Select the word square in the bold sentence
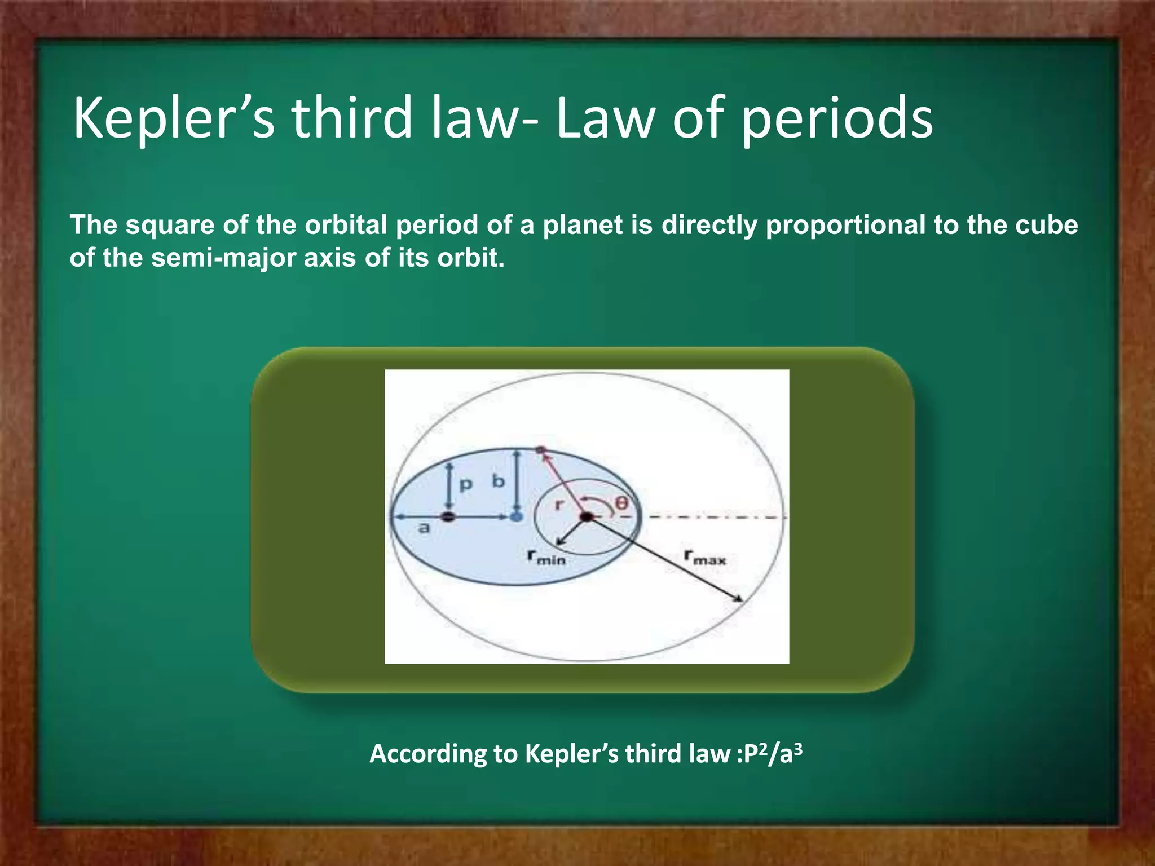coord(170,226)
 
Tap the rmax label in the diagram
coord(705,557)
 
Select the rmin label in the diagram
coord(546,557)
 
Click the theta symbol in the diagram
coord(621,502)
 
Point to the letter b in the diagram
coord(499,482)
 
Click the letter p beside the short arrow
coord(465,485)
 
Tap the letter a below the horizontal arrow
coord(424,528)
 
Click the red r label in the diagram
coord(558,504)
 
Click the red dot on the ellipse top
coord(540,450)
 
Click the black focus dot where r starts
coord(587,516)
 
